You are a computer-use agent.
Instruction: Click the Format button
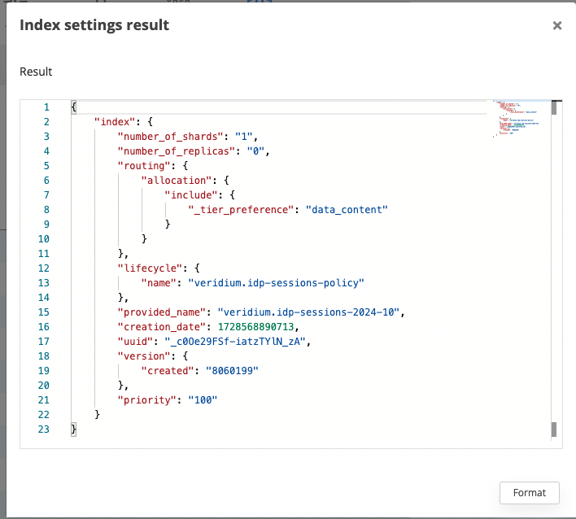[530, 492]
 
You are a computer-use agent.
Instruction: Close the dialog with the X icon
[557, 25]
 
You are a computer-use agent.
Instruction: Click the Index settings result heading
[94, 25]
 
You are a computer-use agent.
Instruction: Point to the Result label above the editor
[36, 72]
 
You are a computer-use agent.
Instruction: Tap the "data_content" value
[347, 209]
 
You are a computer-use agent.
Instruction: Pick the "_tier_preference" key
[239, 209]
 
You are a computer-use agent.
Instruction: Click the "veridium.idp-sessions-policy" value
[276, 282]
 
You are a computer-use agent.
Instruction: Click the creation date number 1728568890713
[256, 326]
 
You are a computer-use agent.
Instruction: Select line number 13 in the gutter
[46, 282]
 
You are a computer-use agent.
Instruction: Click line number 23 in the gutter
[46, 429]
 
